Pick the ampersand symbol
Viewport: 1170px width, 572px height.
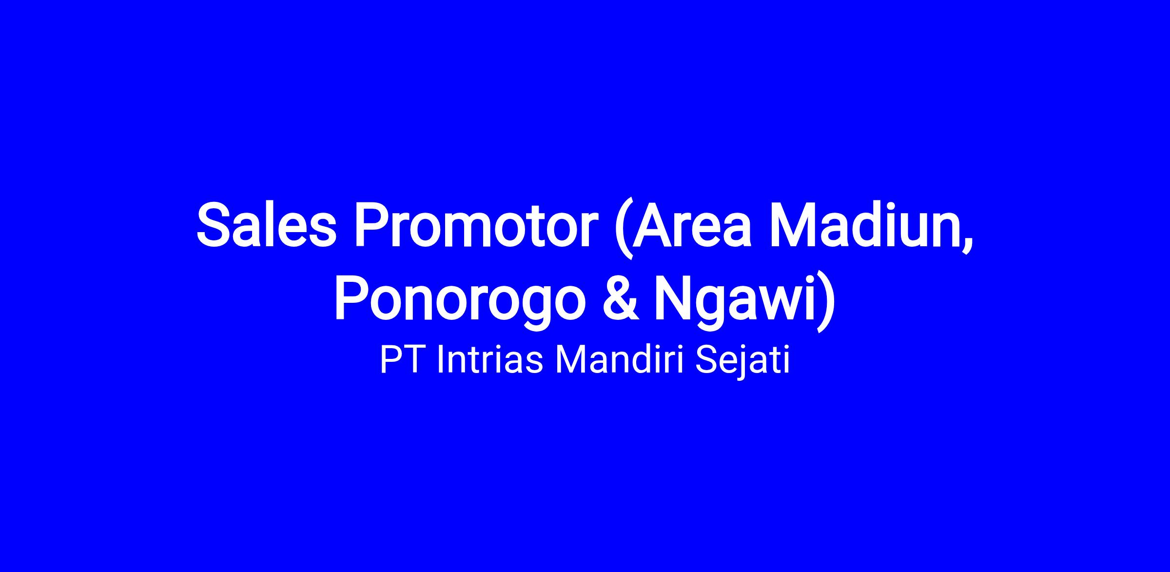[x=621, y=298]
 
